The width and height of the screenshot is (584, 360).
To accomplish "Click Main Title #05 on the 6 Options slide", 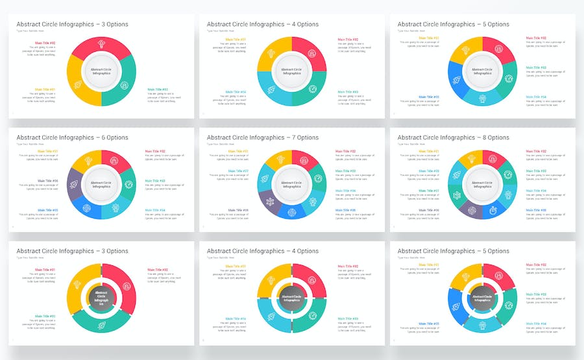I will coord(48,210).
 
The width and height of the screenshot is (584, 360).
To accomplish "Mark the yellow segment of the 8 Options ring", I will coord(473,157).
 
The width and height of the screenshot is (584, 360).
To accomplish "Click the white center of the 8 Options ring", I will coord(482,184).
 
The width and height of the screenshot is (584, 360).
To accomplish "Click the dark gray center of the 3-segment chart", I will coord(101,297).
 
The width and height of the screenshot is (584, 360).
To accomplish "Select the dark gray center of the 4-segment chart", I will coord(291,298).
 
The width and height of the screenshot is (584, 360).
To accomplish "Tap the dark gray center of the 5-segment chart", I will coord(482,298).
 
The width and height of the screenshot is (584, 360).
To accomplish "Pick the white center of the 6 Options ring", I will coord(101,184).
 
